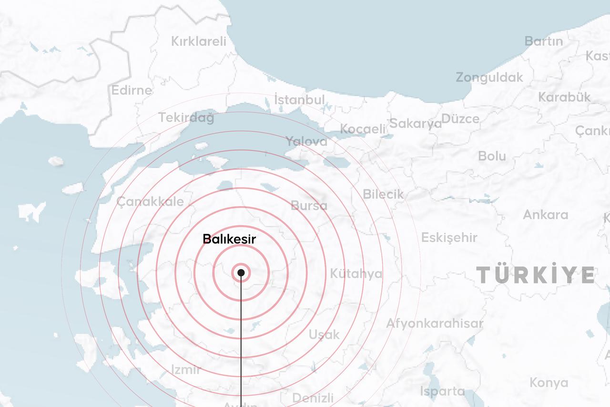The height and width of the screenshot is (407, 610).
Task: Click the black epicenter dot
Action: [241, 272]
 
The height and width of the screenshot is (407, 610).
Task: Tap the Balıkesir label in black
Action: [229, 239]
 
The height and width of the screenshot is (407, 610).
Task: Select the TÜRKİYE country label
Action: [536, 275]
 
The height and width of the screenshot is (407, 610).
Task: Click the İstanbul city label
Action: [299, 100]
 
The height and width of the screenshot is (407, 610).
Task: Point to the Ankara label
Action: [546, 215]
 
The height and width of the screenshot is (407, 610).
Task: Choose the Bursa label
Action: [309, 206]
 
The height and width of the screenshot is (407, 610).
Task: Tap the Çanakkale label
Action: [150, 201]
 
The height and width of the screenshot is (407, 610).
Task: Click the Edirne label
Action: [132, 90]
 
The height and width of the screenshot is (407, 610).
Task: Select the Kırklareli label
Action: [199, 42]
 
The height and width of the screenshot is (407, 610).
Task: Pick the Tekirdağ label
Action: [186, 118]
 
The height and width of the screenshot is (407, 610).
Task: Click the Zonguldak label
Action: [489, 77]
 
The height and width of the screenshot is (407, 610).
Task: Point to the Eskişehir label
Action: [449, 237]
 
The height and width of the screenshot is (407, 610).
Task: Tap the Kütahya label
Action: [356, 273]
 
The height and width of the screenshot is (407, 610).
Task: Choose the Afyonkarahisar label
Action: [435, 324]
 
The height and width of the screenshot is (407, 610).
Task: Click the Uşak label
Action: [324, 334]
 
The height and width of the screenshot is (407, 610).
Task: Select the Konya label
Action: [549, 383]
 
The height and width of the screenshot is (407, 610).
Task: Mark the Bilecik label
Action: [383, 194]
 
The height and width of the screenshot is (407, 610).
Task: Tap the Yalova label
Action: [306, 141]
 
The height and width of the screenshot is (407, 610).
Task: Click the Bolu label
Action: [492, 156]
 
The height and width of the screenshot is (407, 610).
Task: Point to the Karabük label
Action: [564, 97]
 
